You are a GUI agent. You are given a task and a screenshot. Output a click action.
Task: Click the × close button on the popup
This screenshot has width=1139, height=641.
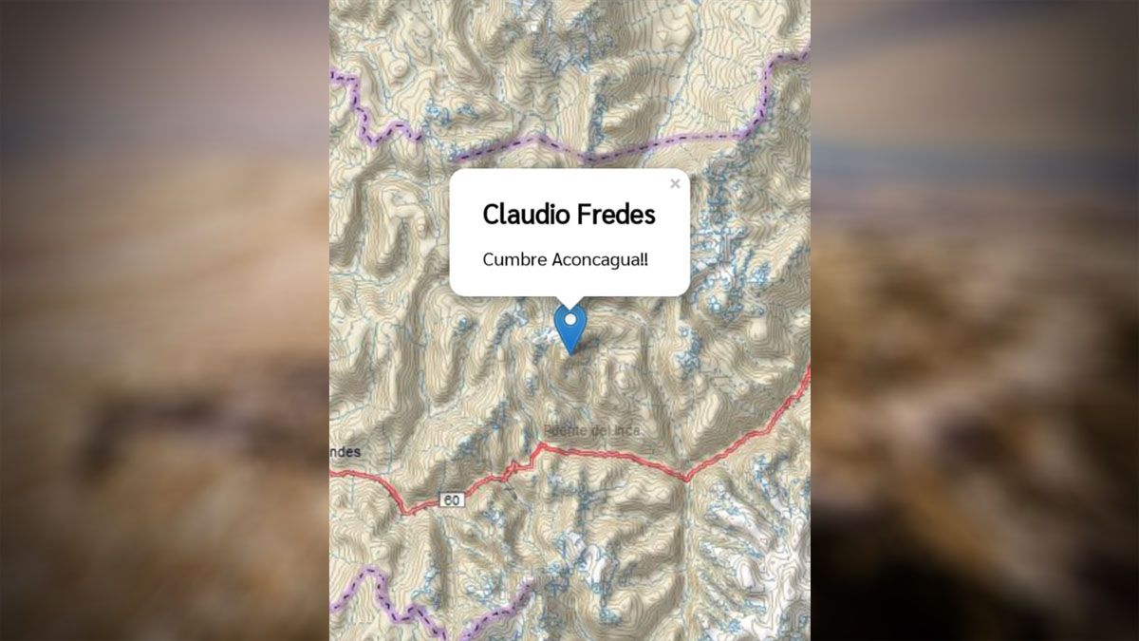[675, 184]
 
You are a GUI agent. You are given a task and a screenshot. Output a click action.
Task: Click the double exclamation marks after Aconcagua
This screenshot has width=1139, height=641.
[645, 259]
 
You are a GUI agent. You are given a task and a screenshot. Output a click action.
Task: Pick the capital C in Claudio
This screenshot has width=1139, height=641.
[491, 215]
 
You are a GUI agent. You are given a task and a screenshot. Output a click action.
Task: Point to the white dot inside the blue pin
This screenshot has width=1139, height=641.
[570, 321]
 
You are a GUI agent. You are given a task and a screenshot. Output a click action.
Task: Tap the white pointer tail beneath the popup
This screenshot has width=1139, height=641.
[569, 302]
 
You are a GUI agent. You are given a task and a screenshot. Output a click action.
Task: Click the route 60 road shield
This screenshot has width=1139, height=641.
[453, 500]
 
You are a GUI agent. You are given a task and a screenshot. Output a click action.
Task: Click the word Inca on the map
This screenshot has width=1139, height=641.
[626, 430]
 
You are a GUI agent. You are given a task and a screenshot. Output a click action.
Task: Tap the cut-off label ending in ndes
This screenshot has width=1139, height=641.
[345, 452]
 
